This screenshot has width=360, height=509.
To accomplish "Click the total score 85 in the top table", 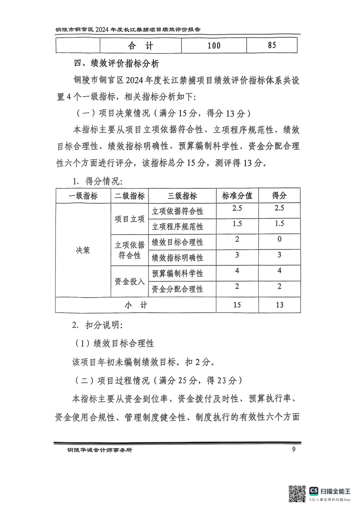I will click(x=272, y=45).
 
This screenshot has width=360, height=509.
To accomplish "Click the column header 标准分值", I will click(x=237, y=196).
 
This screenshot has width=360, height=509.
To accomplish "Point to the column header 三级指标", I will click(x=182, y=196).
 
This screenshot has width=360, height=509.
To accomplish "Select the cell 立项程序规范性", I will click(x=177, y=226).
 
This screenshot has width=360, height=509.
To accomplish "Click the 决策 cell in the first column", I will click(x=83, y=250).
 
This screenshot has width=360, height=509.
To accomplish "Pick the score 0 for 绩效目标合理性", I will click(x=279, y=240).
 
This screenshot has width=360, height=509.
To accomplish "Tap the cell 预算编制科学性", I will click(x=177, y=274).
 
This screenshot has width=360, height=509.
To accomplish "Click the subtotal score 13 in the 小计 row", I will click(x=279, y=305).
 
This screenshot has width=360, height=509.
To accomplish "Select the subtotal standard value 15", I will click(x=237, y=305).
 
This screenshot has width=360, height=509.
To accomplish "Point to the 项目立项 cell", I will click(x=129, y=219).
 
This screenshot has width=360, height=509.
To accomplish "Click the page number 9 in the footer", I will click(x=294, y=450).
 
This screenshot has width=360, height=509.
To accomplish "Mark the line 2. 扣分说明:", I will click(x=97, y=325).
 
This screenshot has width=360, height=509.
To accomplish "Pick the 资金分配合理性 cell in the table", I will click(x=177, y=289).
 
